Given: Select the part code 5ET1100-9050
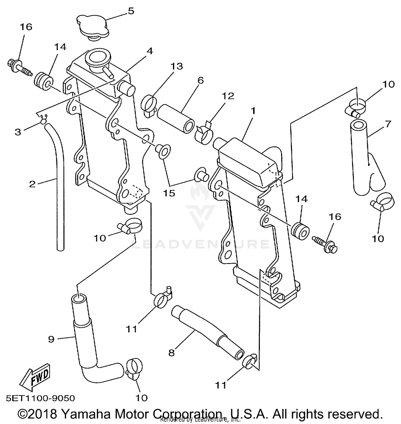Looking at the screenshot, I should coord(40,398).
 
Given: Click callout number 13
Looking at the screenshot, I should coord(177,66).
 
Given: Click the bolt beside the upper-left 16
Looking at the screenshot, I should coord(19,67).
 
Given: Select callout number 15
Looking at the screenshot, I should coord(169,193).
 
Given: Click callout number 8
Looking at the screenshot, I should coord(171,353).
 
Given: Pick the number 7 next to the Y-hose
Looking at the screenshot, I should coord(388,124).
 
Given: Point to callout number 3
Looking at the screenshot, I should coord(18,132).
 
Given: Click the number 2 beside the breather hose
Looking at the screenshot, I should coord(32,184).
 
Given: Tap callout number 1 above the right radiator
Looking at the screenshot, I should coord(253,110).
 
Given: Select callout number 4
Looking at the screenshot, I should coord(150,51).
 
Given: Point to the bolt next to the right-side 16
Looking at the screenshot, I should coord(325,243).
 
